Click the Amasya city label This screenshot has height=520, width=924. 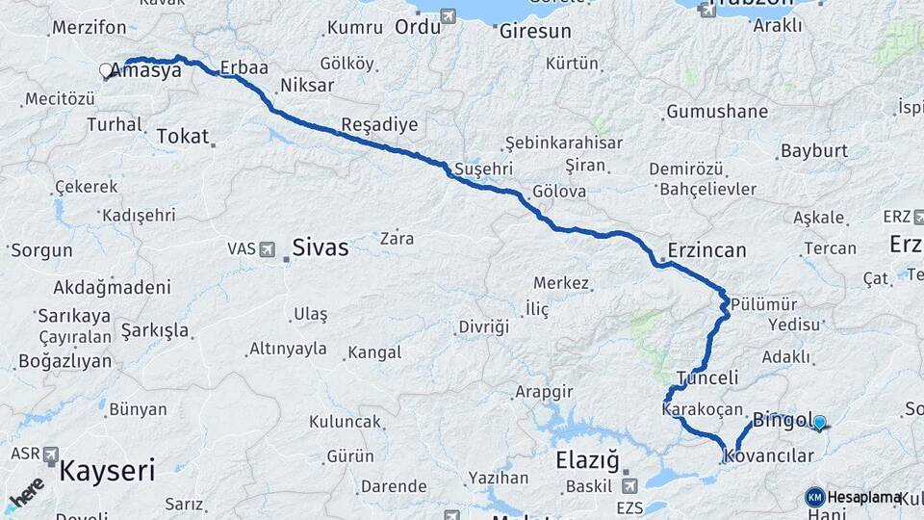click(x=146, y=70)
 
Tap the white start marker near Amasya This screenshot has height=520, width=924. click(x=106, y=70)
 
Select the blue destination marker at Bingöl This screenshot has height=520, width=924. click(x=819, y=421)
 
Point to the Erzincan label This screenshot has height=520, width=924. click(x=707, y=250)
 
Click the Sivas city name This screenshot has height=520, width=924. click(x=321, y=247)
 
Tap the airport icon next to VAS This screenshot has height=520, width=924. click(x=268, y=248)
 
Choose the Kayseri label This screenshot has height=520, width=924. click(x=107, y=471)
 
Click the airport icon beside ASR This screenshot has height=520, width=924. click(x=50, y=454)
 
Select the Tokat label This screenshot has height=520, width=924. click(x=182, y=137)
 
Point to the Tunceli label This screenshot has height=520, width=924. click(x=707, y=378)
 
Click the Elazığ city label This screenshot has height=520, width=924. click(x=587, y=460)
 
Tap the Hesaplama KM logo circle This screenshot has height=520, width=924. click(x=814, y=497)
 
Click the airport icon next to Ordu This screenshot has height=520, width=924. click(x=449, y=16)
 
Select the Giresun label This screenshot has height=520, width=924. click(x=535, y=31)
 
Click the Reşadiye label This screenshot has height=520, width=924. click(x=380, y=125)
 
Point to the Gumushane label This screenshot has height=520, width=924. click(x=717, y=112)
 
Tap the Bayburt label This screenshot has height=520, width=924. click(x=814, y=151)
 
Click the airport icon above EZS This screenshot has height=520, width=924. click(x=629, y=485)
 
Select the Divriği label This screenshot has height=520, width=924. click(x=483, y=326)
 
